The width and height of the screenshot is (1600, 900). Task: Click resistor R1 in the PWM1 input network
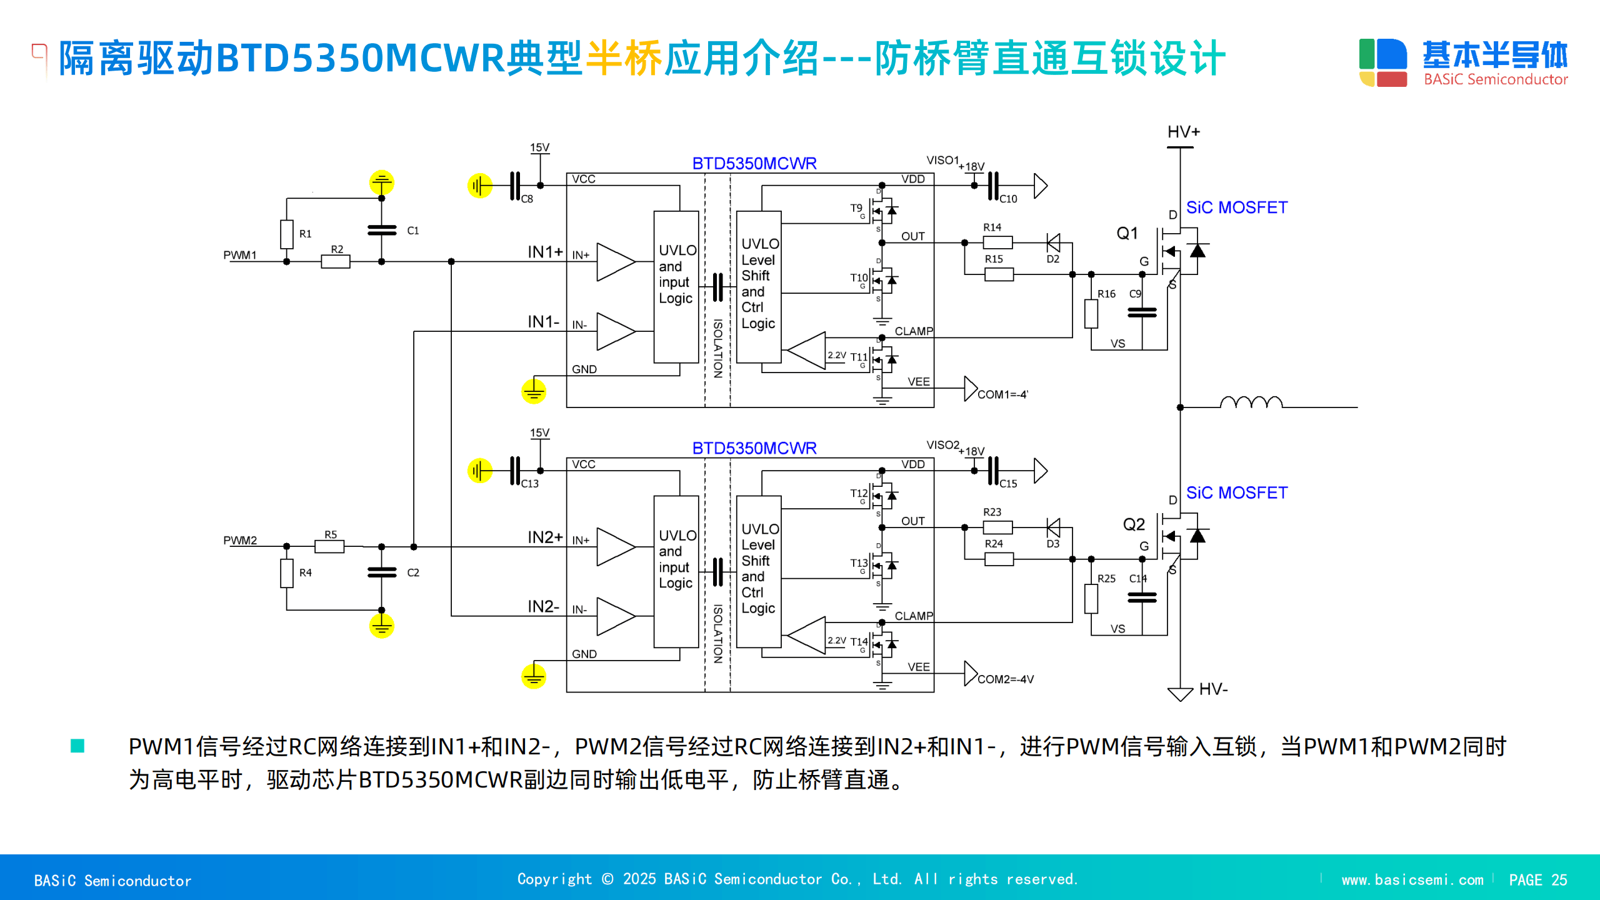[287, 234]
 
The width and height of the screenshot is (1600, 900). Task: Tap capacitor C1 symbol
[382, 230]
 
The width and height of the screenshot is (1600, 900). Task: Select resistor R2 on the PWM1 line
[336, 261]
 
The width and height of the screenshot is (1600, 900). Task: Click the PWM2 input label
[240, 540]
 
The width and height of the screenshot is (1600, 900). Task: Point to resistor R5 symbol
[329, 547]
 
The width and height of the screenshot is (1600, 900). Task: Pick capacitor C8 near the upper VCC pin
[514, 186]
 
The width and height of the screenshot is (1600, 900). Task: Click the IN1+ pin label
[545, 252]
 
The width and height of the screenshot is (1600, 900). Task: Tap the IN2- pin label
[543, 606]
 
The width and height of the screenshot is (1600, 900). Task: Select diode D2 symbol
[1053, 242]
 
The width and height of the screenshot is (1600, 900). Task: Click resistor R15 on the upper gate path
[999, 274]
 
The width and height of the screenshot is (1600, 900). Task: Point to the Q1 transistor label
[1127, 234]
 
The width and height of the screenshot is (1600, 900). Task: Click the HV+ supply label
[1183, 132]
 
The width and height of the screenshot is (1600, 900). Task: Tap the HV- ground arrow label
[1212, 689]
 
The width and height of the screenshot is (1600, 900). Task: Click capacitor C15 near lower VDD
[993, 471]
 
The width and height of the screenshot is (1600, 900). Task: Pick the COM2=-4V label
[1005, 679]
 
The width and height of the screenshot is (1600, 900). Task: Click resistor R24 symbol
[999, 559]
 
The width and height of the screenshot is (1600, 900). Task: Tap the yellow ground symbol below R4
[381, 626]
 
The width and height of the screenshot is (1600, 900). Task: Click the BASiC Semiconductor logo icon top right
[1382, 62]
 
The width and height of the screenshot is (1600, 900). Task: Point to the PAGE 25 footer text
[1537, 879]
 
